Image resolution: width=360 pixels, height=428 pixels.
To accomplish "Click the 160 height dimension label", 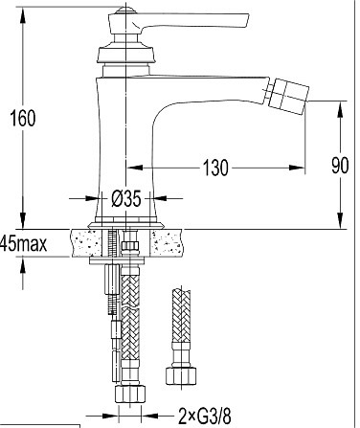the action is tap(23, 118).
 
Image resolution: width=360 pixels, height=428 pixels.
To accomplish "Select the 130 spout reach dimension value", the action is tap(215, 168).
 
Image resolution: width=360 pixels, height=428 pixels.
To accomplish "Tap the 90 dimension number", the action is tap(340, 166).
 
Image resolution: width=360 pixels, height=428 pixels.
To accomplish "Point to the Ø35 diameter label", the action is tap(126, 199).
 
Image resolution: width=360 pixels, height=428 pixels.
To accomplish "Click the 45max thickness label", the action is tap(23, 243).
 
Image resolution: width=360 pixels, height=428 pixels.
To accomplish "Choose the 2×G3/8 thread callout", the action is tap(204, 416).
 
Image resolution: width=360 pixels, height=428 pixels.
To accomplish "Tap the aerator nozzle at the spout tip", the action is tap(288, 95).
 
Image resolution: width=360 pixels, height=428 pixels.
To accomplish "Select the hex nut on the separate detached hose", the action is tap(181, 376).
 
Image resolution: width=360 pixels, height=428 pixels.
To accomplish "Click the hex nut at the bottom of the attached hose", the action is tap(130, 394).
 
